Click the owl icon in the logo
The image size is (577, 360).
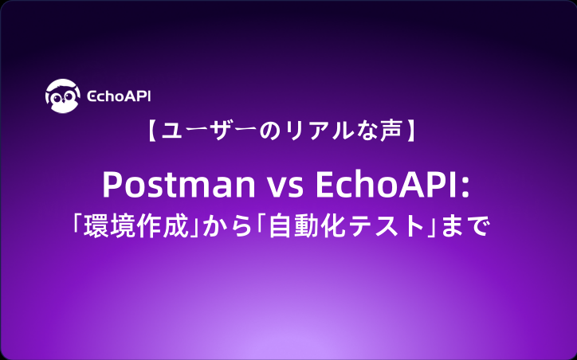61,96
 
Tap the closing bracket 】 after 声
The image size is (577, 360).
411,133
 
